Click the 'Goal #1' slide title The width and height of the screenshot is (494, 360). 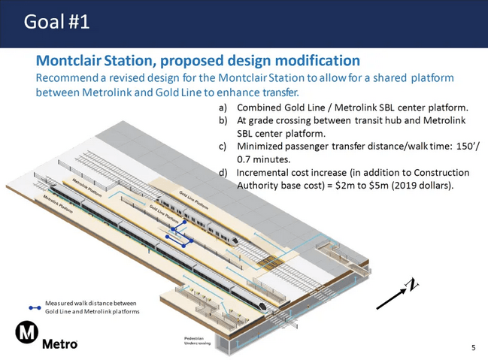57,22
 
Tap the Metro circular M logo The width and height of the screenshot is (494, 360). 29,334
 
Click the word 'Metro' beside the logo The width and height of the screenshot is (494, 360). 59,345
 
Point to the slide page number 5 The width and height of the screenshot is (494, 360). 473,347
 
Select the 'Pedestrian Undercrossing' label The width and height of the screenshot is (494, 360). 197,341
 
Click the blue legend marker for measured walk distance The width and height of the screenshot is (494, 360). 34,307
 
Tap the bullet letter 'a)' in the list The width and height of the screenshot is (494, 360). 223,108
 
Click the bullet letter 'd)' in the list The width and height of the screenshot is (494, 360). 223,172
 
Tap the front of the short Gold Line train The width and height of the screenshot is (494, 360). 234,240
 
